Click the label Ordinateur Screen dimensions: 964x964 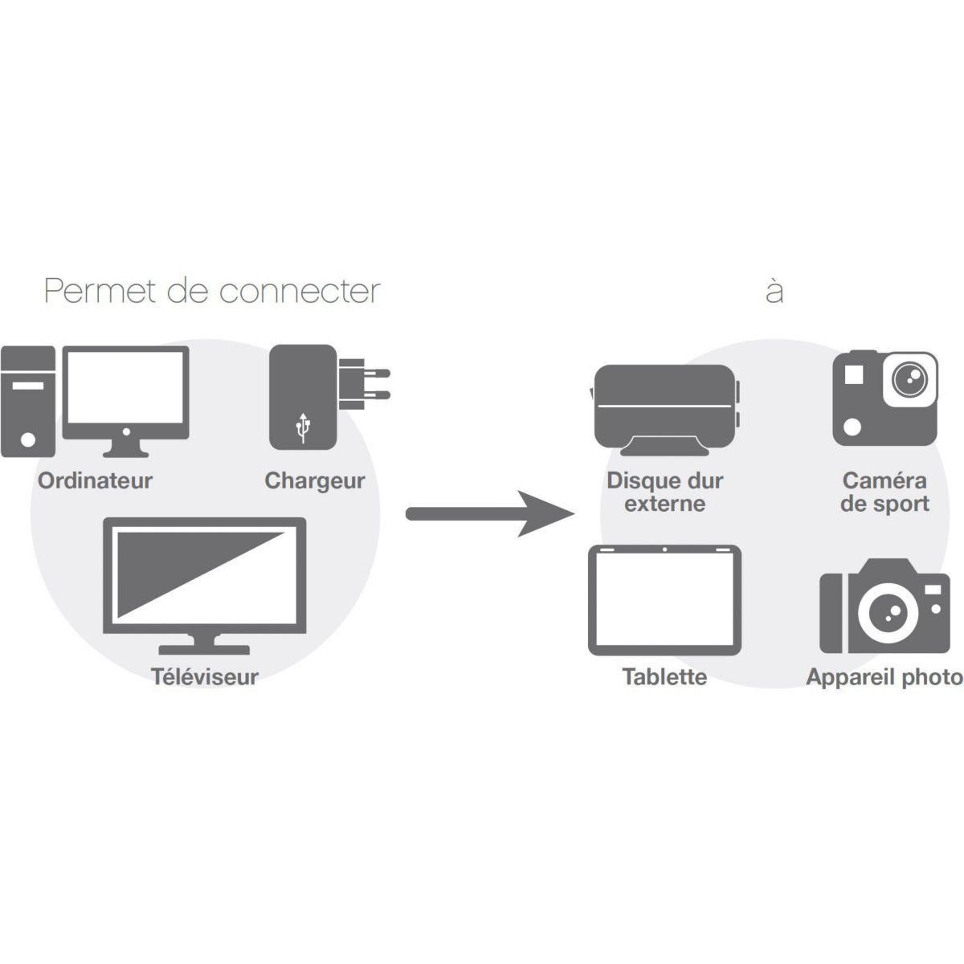pyautogui.click(x=95, y=481)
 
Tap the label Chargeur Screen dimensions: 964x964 pyautogui.click(x=314, y=481)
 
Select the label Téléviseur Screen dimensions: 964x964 pyautogui.click(x=205, y=676)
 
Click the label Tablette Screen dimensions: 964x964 pyautogui.click(x=664, y=676)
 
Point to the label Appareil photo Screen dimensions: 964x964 pyautogui.click(x=884, y=676)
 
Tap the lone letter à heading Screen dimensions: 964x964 pyautogui.click(x=774, y=291)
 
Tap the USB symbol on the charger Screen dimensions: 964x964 pyautogui.click(x=303, y=427)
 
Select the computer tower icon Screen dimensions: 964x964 pyautogui.click(x=28, y=401)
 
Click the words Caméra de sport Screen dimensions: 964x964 pyautogui.click(x=884, y=492)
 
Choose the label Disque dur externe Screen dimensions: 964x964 pyautogui.click(x=664, y=492)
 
